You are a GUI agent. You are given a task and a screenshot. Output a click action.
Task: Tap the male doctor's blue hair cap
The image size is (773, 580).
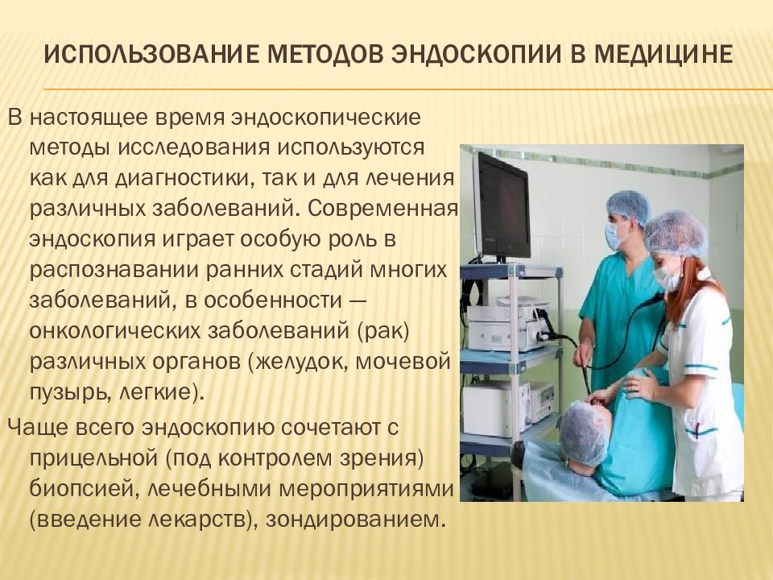[628, 206]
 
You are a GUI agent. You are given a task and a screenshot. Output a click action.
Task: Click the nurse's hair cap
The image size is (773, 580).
[675, 234]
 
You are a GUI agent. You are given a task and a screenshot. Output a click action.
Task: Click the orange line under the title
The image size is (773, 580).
[403, 89]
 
